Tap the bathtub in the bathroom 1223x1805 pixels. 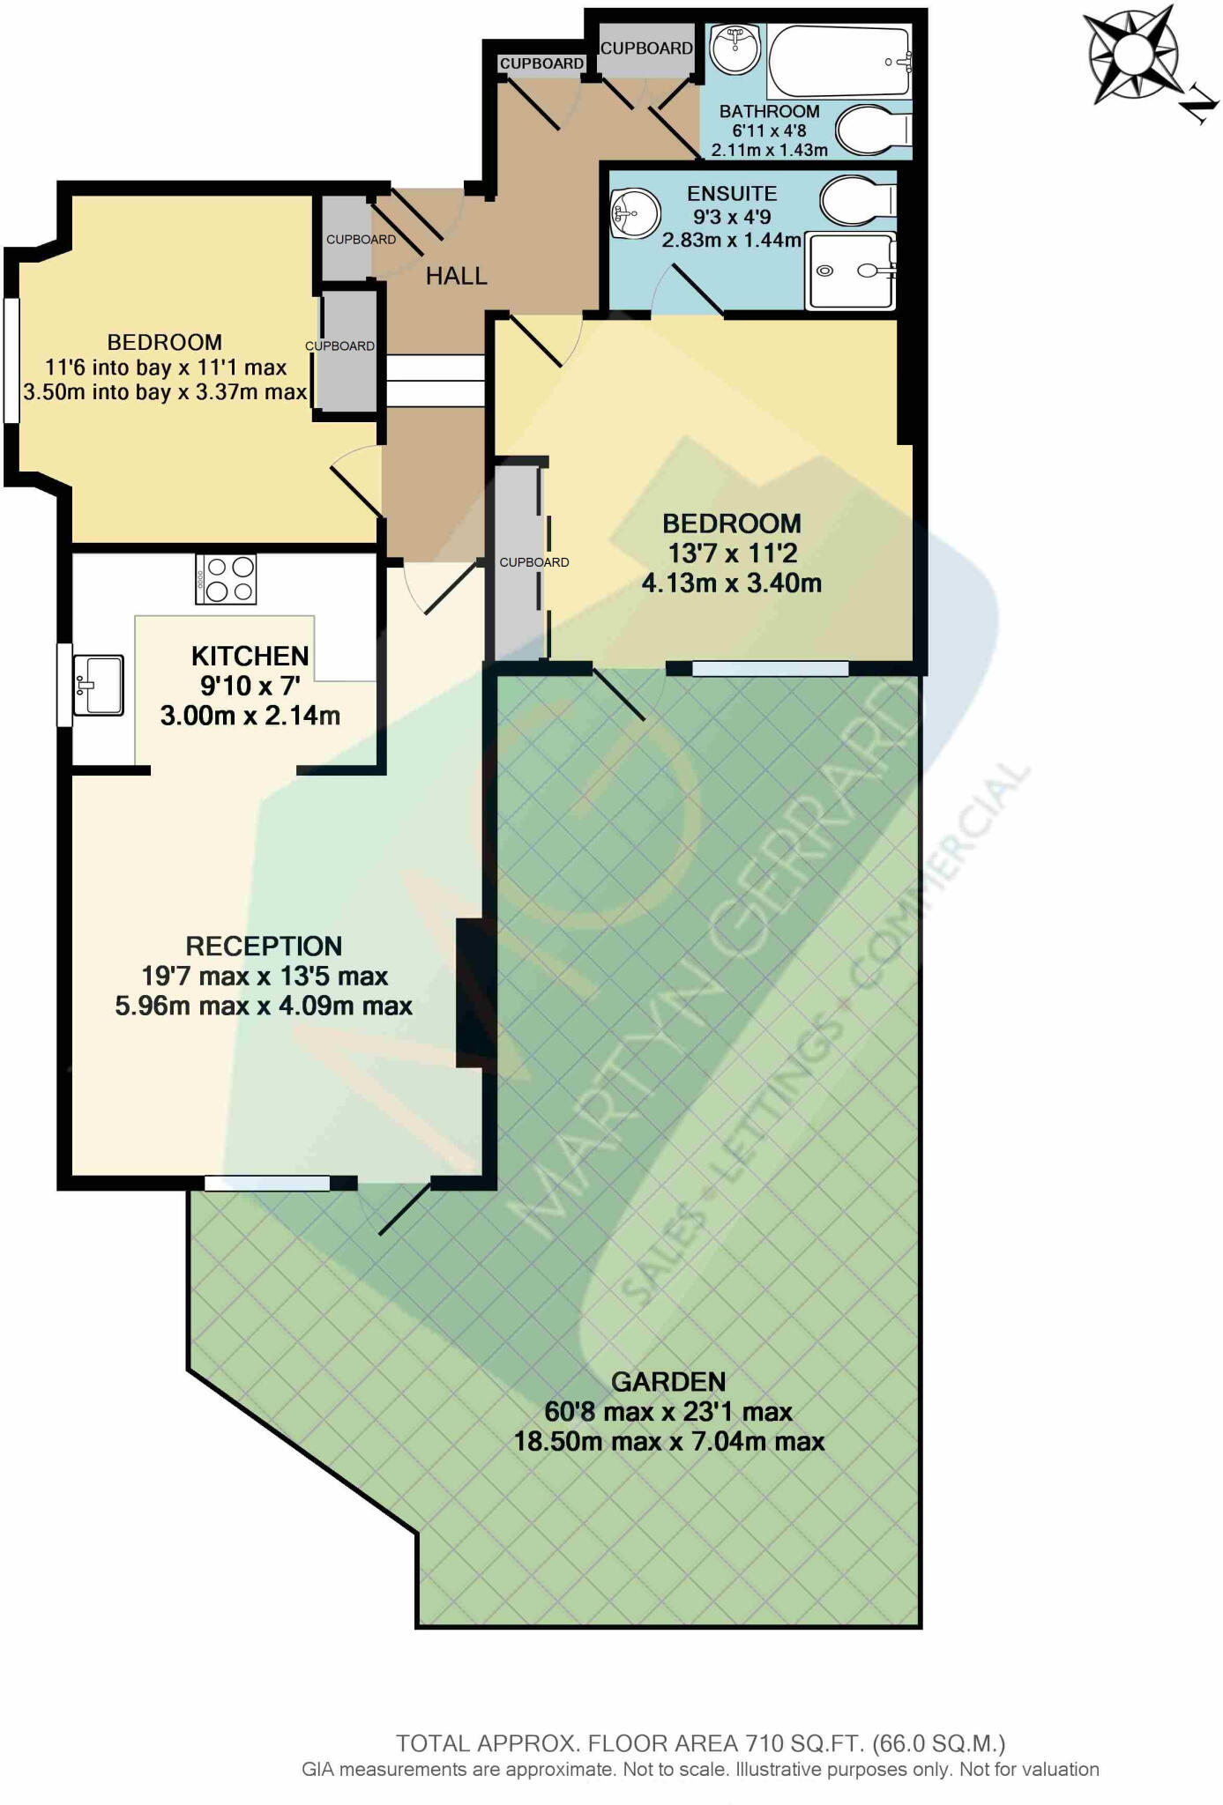point(838,60)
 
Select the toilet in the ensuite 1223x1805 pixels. point(857,201)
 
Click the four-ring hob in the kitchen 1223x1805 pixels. point(226,579)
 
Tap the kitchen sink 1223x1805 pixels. point(98,685)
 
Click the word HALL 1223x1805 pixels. point(456,276)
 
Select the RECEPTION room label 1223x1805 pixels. point(264,946)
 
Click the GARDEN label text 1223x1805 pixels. point(668,1381)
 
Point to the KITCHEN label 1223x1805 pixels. point(250,656)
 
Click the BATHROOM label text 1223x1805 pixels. point(769,112)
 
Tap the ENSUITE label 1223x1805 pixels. point(731,194)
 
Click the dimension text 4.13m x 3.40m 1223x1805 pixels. point(731,583)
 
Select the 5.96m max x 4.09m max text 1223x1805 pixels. point(264,1006)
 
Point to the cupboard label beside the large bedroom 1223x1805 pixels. point(533,562)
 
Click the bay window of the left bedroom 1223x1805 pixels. point(11,360)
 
